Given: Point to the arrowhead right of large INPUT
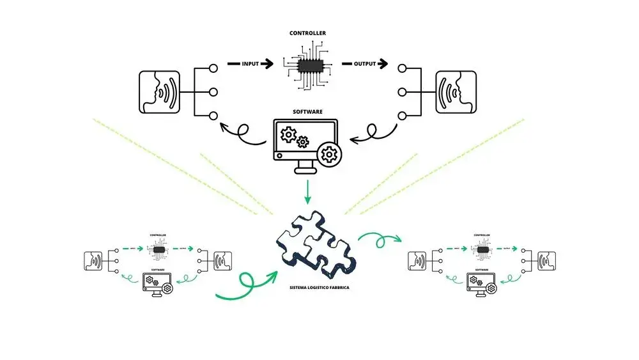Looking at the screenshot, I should pyautogui.click(x=269, y=64).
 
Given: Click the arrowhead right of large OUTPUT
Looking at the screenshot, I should pyautogui.click(x=383, y=64).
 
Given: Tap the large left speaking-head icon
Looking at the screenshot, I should pyautogui.click(x=158, y=92).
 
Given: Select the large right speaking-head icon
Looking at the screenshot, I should pyautogui.click(x=456, y=92).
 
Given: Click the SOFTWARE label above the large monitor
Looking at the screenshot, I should pyautogui.click(x=307, y=111).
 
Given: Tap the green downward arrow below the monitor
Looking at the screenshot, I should pyautogui.click(x=308, y=192).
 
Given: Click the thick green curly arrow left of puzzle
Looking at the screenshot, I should pyautogui.click(x=246, y=286).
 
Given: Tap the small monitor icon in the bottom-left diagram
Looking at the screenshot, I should pyautogui.click(x=154, y=282).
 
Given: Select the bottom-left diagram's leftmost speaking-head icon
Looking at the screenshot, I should pyautogui.click(x=93, y=261).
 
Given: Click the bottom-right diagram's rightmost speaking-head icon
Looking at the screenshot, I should pyautogui.click(x=546, y=261).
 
